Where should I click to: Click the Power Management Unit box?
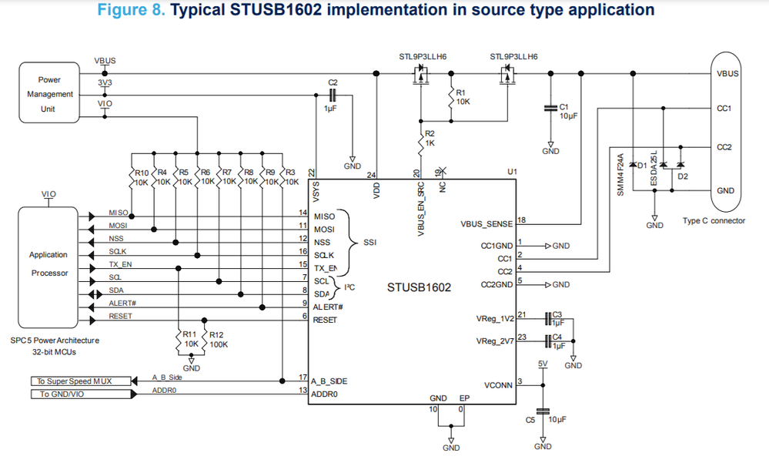click(49, 94)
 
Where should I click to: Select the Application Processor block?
click(48, 263)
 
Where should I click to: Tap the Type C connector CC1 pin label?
click(724, 109)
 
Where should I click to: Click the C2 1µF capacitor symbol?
click(333, 95)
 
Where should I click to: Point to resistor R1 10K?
click(453, 97)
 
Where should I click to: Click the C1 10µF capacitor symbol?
click(550, 108)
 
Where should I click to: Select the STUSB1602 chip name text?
click(419, 287)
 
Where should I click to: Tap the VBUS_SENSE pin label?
click(486, 224)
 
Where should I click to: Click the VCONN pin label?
click(499, 384)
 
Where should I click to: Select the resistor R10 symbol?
click(132, 179)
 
